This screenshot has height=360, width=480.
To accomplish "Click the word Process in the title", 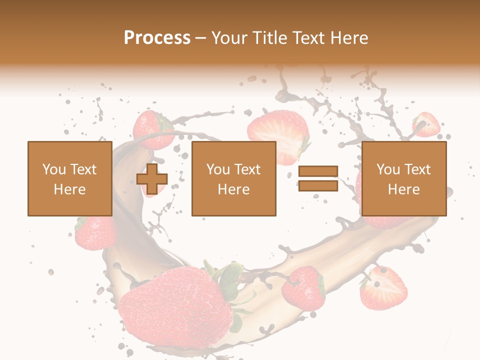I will (157, 37).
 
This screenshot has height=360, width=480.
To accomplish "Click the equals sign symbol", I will (318, 178).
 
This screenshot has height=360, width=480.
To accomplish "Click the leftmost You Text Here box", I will (70, 178).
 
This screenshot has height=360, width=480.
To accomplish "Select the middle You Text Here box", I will (234, 178).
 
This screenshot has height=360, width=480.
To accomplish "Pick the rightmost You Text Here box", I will (404, 178).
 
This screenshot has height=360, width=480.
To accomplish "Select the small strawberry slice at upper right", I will (426, 125).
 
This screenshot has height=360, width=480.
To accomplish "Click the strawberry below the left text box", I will (95, 232).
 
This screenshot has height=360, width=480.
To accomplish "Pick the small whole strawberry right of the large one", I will (303, 287).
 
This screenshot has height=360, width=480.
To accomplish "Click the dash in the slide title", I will (201, 38).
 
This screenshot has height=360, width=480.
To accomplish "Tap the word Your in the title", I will (230, 37).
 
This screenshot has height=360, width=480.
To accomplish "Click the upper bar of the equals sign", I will (318, 171).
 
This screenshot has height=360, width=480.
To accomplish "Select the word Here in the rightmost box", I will (404, 189).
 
